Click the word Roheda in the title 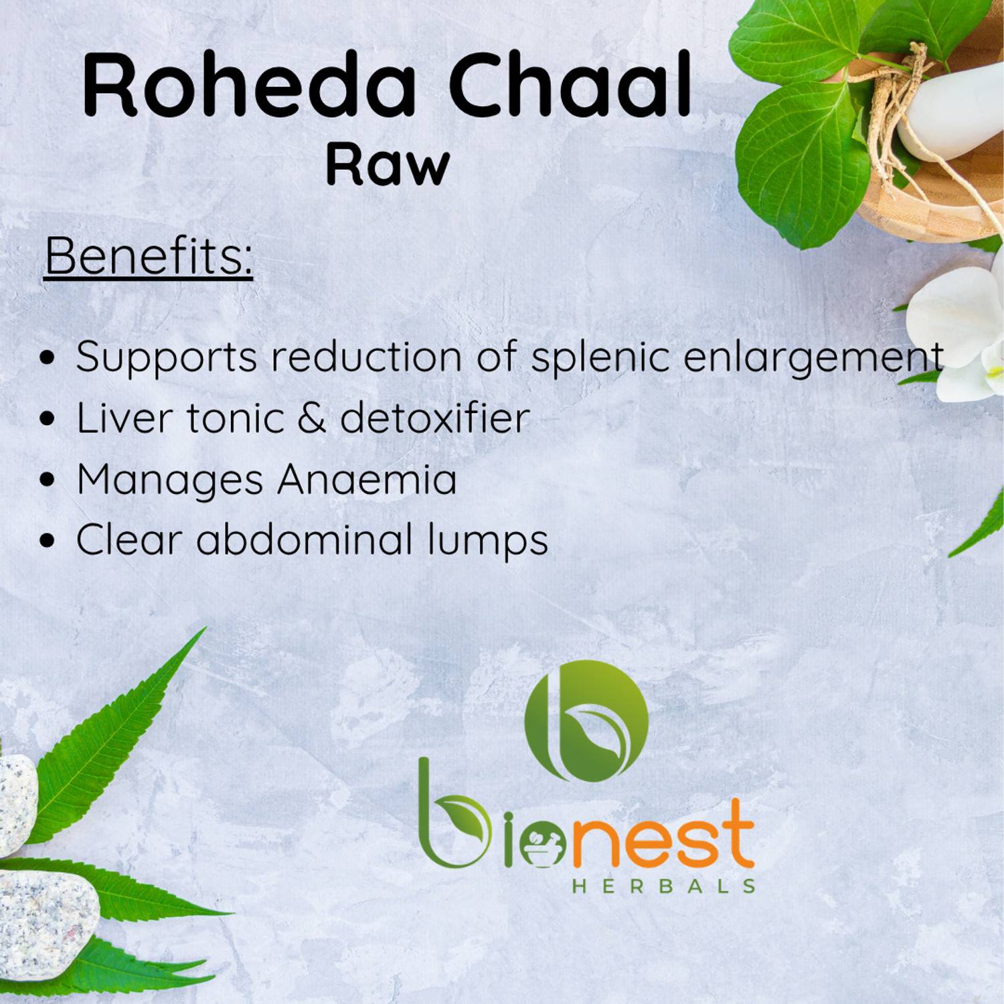[249, 88]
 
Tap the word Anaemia [367, 479]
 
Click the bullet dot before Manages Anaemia [46, 480]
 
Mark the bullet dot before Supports [46, 358]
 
